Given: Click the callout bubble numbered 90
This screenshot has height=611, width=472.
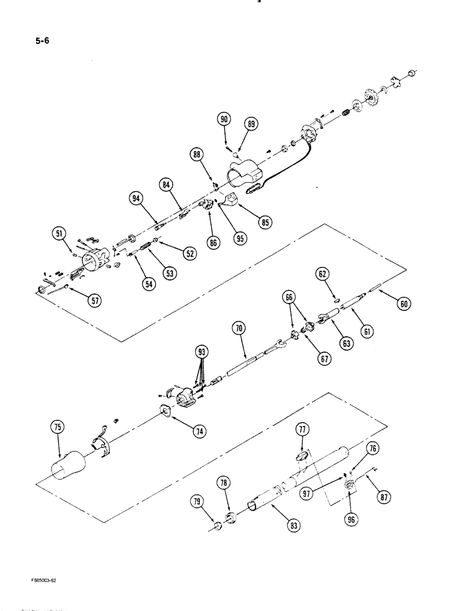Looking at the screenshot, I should point(224,120).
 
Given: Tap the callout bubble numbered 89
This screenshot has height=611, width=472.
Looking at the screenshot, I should point(251,124).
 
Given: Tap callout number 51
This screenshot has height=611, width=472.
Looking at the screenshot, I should point(59,232).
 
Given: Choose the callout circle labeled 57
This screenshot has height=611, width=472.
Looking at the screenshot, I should point(95,300).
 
